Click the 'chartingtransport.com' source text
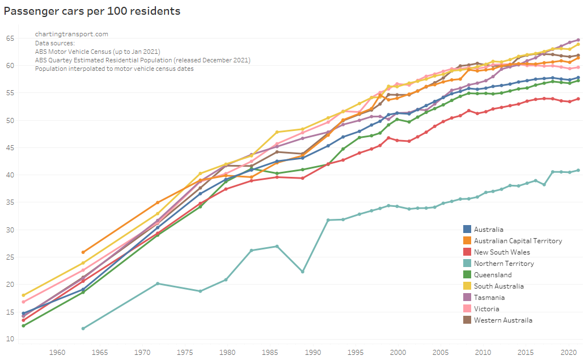click(x=71, y=34)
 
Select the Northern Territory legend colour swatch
click(x=467, y=264)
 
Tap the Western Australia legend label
click(x=503, y=320)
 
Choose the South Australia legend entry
click(x=499, y=286)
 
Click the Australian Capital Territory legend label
click(x=518, y=241)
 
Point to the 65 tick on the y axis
click(x=10, y=39)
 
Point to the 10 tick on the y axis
click(x=10, y=339)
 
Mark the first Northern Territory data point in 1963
click(x=83, y=328)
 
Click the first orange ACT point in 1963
click(x=83, y=252)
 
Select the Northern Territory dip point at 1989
click(x=303, y=272)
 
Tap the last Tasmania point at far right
click(x=578, y=40)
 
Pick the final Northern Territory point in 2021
click(x=578, y=170)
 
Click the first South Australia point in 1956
click(x=23, y=295)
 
